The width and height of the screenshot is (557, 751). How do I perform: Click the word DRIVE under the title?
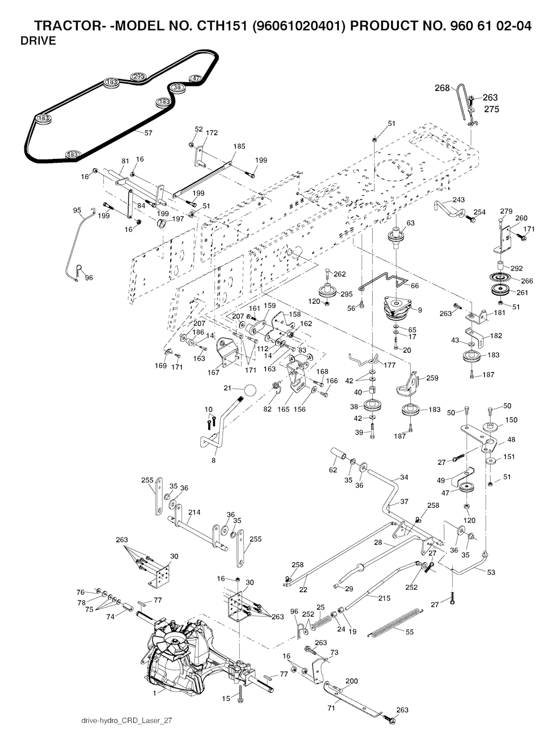[x=38, y=41]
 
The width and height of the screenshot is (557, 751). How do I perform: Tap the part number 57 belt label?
[x=148, y=133]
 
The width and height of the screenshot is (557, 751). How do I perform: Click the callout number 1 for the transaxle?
[x=155, y=693]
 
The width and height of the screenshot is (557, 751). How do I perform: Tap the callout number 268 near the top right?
[x=442, y=88]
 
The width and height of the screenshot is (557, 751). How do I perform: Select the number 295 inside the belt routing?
[x=139, y=77]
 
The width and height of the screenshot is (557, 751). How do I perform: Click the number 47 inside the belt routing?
[x=195, y=78]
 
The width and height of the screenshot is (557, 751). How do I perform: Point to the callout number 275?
[x=491, y=109]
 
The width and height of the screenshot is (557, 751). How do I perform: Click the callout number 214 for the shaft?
[x=194, y=512]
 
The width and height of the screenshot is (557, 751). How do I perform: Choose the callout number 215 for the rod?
[x=384, y=598]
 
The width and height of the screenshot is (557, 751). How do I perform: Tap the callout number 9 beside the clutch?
[x=420, y=310]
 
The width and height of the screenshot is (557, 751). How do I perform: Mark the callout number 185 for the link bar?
[x=239, y=146]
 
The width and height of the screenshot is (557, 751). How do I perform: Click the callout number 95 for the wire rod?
[x=77, y=210]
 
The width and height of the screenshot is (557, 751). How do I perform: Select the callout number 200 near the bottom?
[x=352, y=681]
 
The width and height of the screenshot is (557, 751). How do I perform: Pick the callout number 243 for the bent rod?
[x=459, y=200]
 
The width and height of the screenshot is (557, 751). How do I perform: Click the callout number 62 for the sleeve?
[x=333, y=469]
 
